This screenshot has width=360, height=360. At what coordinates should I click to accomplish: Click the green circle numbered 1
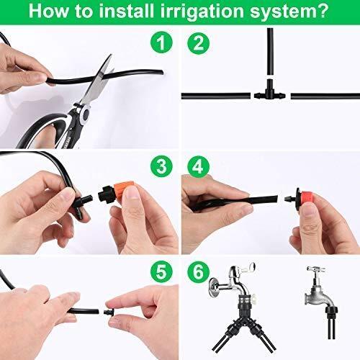coord(161,42)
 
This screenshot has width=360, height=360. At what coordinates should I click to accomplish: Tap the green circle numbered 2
coord(198,43)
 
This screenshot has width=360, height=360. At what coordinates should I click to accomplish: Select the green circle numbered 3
coord(161,166)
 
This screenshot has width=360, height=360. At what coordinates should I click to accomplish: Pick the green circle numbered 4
coord(198,166)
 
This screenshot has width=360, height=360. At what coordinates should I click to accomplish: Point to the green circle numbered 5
coord(161,271)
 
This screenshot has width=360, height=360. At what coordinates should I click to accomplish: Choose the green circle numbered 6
coord(198,271)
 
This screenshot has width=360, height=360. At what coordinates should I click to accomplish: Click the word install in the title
coord(126,10)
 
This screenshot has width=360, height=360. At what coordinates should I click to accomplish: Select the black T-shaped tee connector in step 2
coord(270,91)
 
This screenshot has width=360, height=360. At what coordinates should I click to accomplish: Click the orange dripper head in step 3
coord(123,190)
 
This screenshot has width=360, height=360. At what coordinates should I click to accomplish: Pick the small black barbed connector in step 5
coord(108,312)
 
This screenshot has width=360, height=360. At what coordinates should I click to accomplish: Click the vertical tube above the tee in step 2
coord(270,52)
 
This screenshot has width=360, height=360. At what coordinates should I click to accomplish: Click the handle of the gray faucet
coord(316,269)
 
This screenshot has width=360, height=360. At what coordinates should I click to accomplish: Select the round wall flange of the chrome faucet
coord(215,286)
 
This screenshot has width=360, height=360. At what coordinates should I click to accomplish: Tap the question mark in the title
coord(322,10)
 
